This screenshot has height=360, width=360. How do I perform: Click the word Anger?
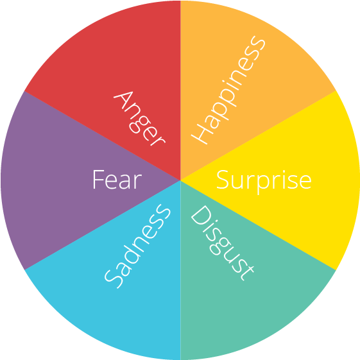(x=139, y=119)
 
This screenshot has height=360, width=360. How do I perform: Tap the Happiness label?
(x=228, y=90)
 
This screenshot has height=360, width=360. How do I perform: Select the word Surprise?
(x=264, y=182)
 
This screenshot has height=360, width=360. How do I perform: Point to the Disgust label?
(x=222, y=243)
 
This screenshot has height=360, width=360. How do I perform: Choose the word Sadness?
(x=137, y=246)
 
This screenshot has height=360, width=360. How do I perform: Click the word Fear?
(x=117, y=179)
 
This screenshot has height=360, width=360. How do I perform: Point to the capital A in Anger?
(x=123, y=100)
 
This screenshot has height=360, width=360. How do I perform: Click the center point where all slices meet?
(x=180, y=180)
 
